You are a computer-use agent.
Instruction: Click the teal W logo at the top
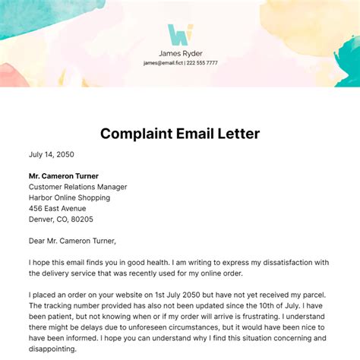(180, 34)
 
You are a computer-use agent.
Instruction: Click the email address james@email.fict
(161, 63)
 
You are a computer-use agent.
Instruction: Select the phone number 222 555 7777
(201, 63)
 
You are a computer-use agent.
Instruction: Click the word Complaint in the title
(139, 134)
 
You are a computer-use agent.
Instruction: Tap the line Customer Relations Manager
(78, 187)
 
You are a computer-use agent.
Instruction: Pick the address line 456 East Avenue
(58, 208)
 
